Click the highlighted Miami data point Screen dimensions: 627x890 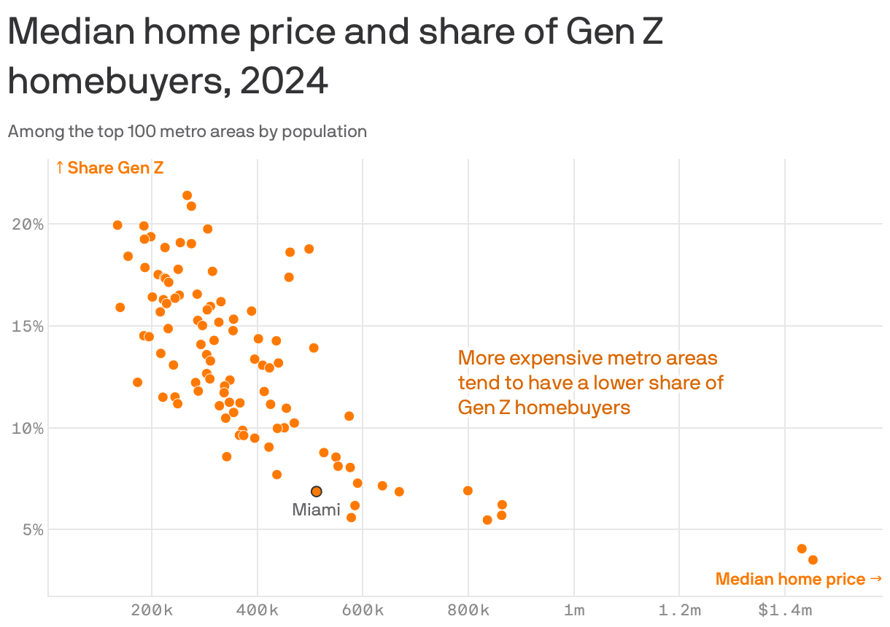point(316,491)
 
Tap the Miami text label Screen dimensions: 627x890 point(316,510)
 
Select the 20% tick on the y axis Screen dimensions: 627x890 point(28,224)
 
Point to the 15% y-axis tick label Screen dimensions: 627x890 point(28,326)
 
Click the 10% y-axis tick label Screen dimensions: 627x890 point(28,428)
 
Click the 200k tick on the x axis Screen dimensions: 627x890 point(152,610)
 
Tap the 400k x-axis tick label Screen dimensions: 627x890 point(258,610)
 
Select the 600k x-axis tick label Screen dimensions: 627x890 point(363,610)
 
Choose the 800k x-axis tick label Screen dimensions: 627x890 point(468,610)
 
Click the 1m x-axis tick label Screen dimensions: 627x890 point(574,610)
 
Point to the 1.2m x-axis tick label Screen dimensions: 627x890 point(679,610)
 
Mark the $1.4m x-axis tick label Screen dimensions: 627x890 point(784,610)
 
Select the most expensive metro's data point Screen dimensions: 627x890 point(813,560)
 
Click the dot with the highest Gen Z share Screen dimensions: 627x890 point(187,195)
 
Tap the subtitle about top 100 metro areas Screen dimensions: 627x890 point(187,132)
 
